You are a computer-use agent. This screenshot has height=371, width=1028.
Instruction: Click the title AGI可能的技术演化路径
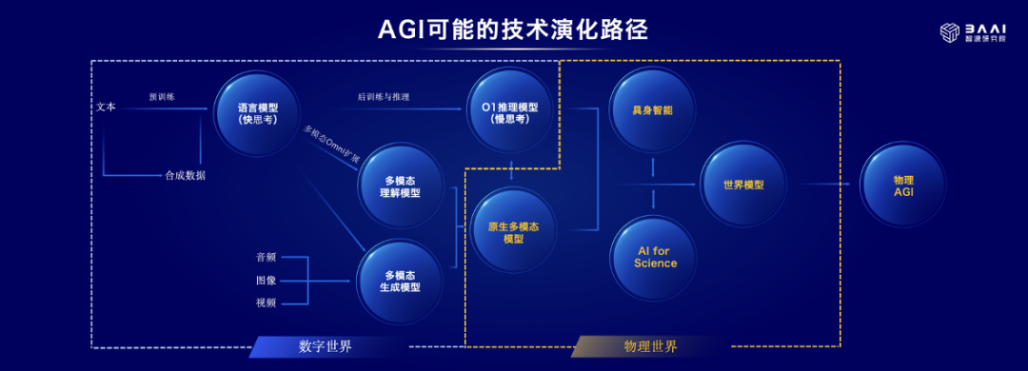[x=513, y=30]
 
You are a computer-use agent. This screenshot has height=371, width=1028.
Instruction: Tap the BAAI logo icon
[x=951, y=32]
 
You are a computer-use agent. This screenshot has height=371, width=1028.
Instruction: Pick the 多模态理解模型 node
[x=401, y=186]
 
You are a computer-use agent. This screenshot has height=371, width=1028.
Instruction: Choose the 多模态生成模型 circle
[x=400, y=282]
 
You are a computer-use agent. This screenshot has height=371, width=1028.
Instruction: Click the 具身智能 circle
[x=653, y=109]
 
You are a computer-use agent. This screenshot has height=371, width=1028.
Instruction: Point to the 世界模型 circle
[x=743, y=185]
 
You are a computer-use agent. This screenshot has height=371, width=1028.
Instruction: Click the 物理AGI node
[x=902, y=185]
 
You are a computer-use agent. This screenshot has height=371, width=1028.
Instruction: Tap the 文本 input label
[x=106, y=107]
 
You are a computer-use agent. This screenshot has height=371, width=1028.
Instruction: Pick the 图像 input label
[x=267, y=281]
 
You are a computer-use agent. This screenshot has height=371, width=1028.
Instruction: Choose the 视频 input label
[x=267, y=303]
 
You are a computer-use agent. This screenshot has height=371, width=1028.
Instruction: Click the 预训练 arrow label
[x=162, y=97]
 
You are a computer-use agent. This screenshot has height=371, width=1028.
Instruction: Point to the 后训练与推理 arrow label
[x=384, y=97]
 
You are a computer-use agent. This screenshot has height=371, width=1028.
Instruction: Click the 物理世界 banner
[x=650, y=347]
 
